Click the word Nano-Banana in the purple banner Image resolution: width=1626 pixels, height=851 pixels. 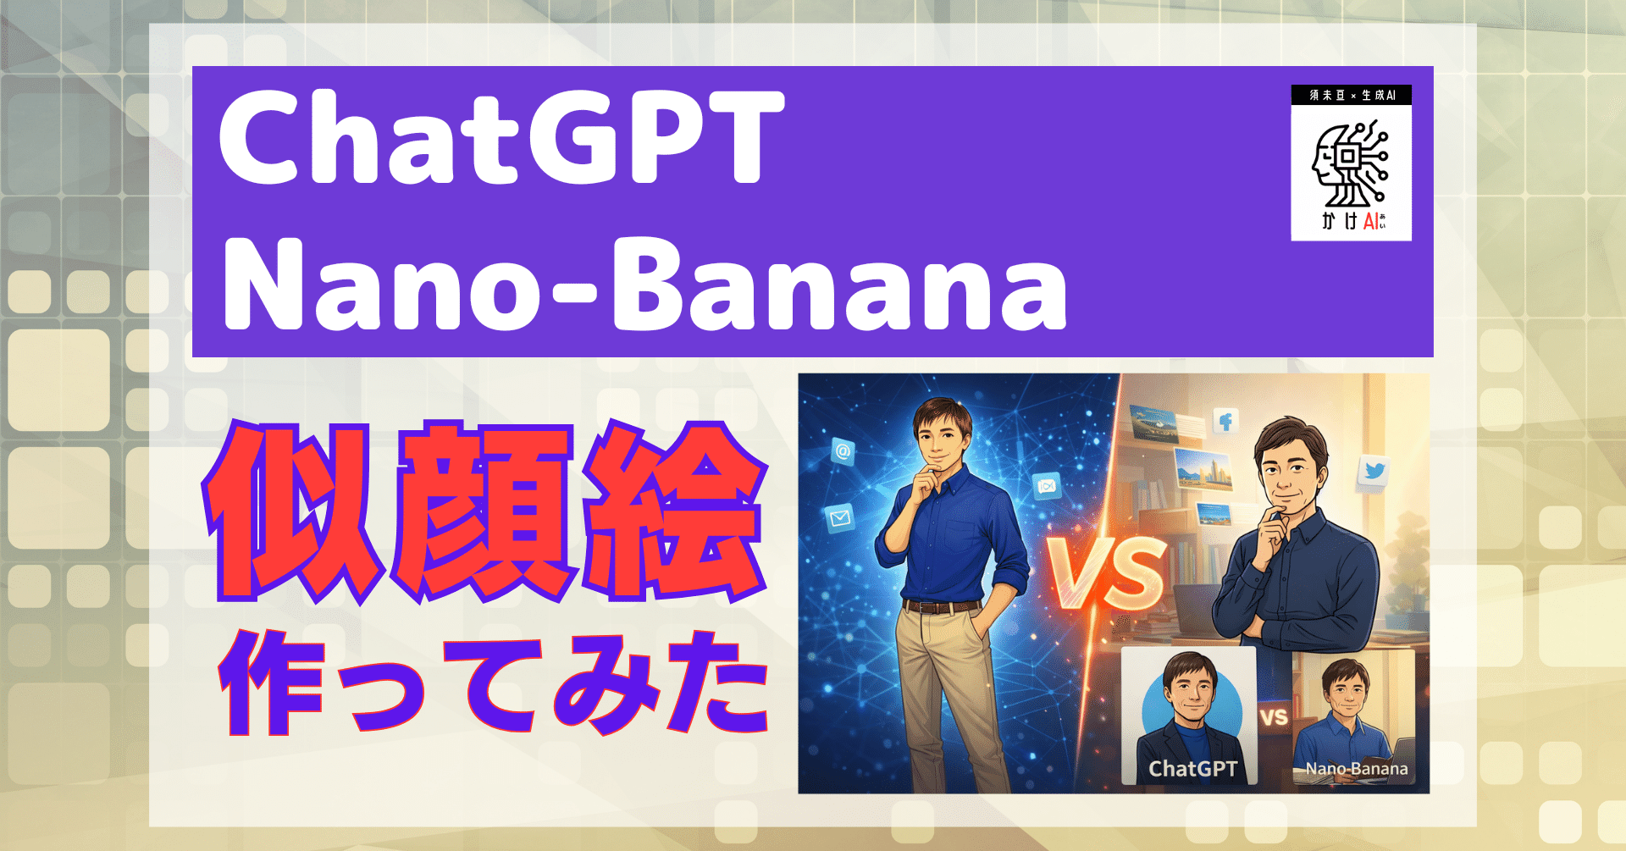(x=644, y=285)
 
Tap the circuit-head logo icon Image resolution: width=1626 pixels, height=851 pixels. (x=1350, y=164)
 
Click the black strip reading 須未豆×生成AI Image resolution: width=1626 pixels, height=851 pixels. (x=1351, y=95)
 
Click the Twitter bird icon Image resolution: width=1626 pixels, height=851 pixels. (x=1374, y=471)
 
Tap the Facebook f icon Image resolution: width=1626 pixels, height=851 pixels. (x=1225, y=421)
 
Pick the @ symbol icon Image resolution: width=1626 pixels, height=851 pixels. (x=843, y=451)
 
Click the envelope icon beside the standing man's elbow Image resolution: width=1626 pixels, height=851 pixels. (x=841, y=517)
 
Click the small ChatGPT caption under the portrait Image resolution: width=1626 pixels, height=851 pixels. (x=1192, y=769)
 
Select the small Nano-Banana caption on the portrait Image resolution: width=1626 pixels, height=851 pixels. (x=1357, y=769)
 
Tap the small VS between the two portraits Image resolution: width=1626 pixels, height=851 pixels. (x=1274, y=718)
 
